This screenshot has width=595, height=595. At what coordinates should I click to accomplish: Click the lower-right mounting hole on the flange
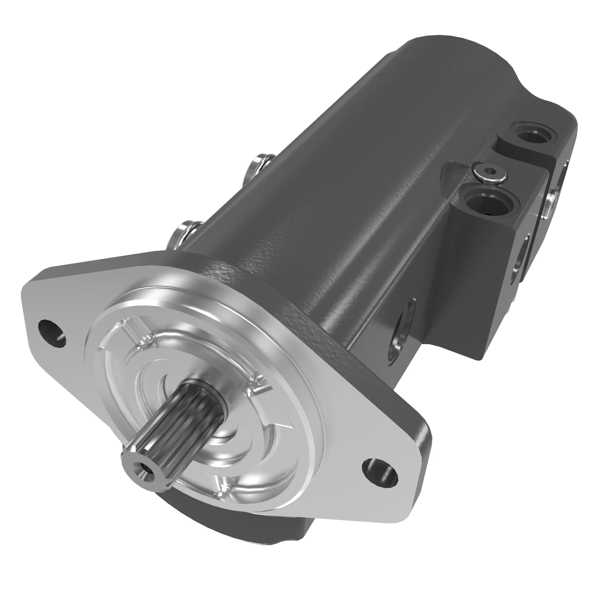[x=379, y=475]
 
